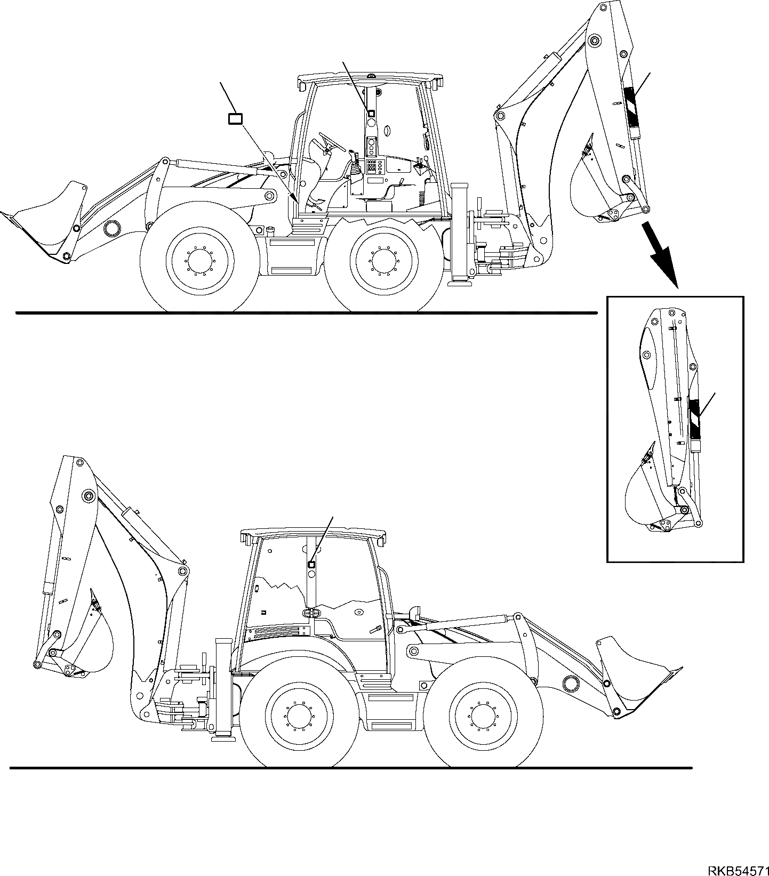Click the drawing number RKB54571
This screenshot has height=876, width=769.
pyautogui.click(x=738, y=867)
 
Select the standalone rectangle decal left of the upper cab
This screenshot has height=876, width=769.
pyautogui.click(x=235, y=118)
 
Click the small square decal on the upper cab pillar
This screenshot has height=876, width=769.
pyautogui.click(x=371, y=113)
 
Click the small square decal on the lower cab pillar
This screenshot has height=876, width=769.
pyautogui.click(x=311, y=564)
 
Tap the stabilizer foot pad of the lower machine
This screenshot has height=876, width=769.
pyautogui.click(x=223, y=738)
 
